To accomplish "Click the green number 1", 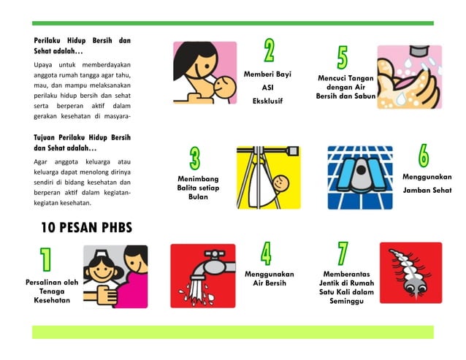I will pyautogui.click(x=45, y=261).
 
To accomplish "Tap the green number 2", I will pyautogui.click(x=269, y=50).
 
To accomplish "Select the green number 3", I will pyautogui.click(x=195, y=158).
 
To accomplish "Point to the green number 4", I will pyautogui.click(x=266, y=253).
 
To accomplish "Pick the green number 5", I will pyautogui.click(x=342, y=58).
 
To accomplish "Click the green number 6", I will pyautogui.click(x=424, y=155).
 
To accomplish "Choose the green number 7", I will pyautogui.click(x=343, y=253).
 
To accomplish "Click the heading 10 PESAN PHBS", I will pyautogui.click(x=86, y=228).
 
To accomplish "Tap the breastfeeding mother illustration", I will pyautogui.click(x=205, y=72).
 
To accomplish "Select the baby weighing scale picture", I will pyautogui.click(x=268, y=177).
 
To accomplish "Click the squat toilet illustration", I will pyautogui.click(x=359, y=177).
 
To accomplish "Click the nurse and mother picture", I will pyautogui.click(x=115, y=276).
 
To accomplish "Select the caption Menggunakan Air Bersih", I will pyautogui.click(x=269, y=279).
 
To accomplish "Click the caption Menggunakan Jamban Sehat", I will pyautogui.click(x=427, y=183).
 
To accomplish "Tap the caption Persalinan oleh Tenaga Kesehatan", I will pyautogui.click(x=51, y=291).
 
